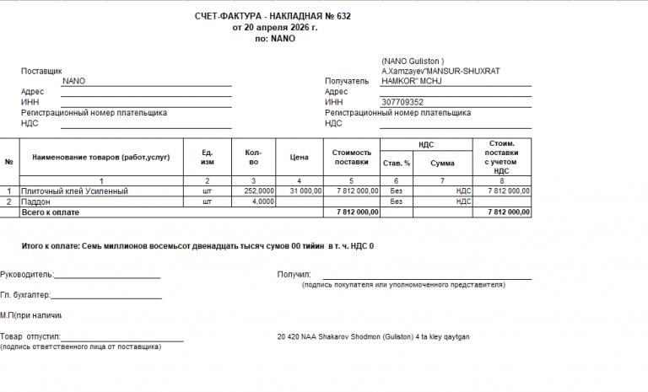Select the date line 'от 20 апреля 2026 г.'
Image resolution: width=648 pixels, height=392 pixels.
pos(275,28)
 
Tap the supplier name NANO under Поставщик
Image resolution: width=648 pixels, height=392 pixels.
pos(73,81)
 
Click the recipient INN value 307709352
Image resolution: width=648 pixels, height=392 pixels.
pos(402,102)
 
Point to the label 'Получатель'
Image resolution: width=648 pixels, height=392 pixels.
pos(347,82)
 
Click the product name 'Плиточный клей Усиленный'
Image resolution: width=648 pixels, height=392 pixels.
pos(74,191)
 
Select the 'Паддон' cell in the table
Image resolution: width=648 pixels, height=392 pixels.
pos(36,202)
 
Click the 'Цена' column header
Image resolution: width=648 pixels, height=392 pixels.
pos(300,157)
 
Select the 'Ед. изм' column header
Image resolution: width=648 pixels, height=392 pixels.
pos(207,157)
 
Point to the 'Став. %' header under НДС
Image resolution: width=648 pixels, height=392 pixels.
pos(396,163)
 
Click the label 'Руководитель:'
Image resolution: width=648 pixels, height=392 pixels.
pos(27,274)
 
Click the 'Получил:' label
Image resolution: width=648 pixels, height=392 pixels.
pos(294,274)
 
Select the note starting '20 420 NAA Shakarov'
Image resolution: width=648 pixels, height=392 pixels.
pos(373,336)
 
